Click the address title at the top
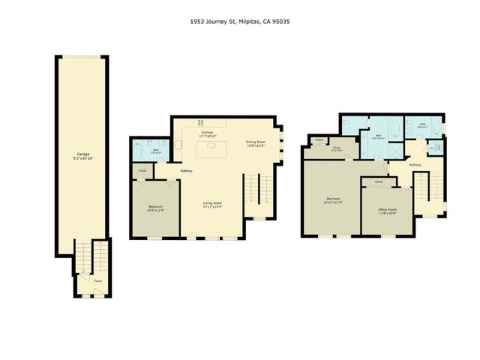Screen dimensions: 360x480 coord(240,22)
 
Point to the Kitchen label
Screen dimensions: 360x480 coord(207,132)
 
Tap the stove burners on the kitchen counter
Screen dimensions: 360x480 coord(200,121)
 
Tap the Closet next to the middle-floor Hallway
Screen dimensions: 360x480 coord(142,172)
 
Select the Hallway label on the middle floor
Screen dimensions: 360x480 coord(186,170)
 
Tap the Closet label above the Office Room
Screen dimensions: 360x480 coord(379,181)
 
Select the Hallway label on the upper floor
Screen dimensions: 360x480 coord(415,165)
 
